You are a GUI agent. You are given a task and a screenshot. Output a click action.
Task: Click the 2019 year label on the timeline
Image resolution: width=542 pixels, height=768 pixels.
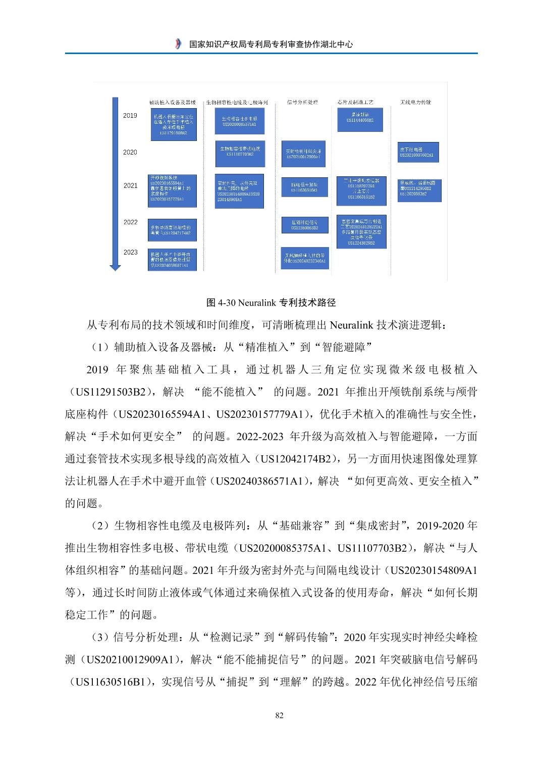(x=130, y=116)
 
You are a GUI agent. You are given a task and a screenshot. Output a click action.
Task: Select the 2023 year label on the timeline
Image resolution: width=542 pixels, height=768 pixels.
(x=130, y=252)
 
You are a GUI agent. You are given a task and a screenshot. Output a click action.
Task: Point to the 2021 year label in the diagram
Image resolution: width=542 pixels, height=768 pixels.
(x=130, y=185)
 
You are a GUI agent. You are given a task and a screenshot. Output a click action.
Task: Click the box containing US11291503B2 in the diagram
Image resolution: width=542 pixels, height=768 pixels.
(x=173, y=126)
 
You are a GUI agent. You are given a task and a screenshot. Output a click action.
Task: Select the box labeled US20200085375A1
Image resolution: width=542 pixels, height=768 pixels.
(x=239, y=121)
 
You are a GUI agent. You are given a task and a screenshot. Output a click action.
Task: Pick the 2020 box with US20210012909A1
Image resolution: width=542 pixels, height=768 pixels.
(x=303, y=154)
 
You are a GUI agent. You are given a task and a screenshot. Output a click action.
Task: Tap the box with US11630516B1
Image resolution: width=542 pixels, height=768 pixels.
(x=303, y=186)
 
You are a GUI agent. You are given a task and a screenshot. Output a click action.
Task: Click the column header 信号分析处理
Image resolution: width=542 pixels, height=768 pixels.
(x=302, y=102)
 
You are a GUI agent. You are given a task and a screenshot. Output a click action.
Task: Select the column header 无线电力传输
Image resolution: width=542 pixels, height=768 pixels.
(x=415, y=102)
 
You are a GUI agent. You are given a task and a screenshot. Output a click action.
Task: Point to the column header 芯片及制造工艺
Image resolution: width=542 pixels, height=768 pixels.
(x=355, y=102)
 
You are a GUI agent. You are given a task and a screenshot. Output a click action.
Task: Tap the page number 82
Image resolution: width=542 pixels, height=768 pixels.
(x=280, y=715)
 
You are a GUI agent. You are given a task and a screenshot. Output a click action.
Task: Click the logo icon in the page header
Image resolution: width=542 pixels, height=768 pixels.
(x=177, y=44)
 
